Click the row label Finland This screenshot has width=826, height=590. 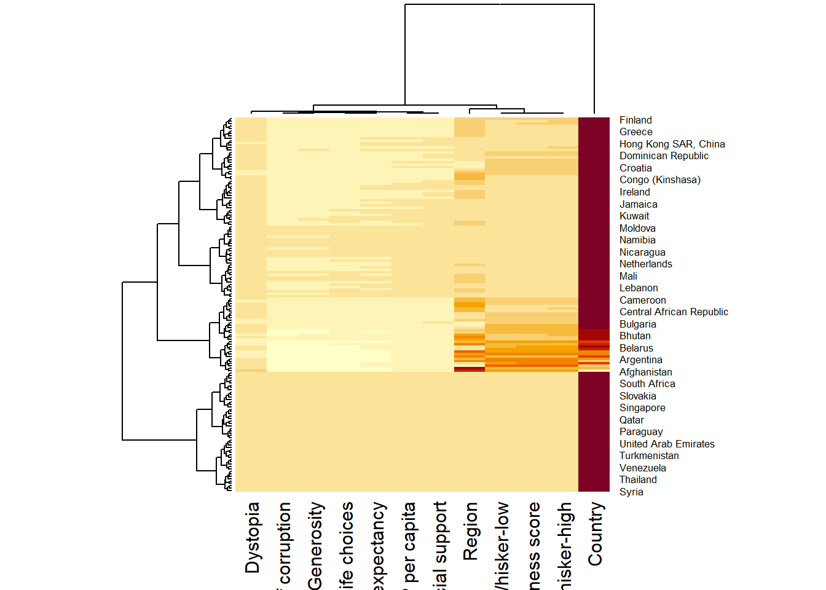pyautogui.click(x=635, y=120)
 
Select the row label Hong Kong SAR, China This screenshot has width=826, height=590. pyautogui.click(x=672, y=144)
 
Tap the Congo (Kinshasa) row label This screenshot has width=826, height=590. pyautogui.click(x=659, y=180)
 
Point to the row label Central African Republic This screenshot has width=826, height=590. pyautogui.click(x=674, y=312)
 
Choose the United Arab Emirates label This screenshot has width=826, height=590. pyautogui.click(x=667, y=444)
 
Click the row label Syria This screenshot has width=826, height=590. pyautogui.click(x=631, y=492)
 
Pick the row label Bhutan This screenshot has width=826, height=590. pyautogui.click(x=635, y=336)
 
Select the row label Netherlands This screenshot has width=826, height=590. pyautogui.click(x=645, y=264)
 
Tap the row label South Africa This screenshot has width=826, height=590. pyautogui.click(x=647, y=384)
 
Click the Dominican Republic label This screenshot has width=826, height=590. pyautogui.click(x=664, y=156)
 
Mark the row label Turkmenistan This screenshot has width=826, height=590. pyautogui.click(x=649, y=456)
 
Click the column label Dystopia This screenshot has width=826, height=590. pyautogui.click(x=253, y=538)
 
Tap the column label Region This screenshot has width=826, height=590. pyautogui.click(x=470, y=532)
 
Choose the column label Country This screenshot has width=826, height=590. pyautogui.click(x=595, y=534)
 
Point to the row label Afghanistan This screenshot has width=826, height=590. pyautogui.click(x=645, y=372)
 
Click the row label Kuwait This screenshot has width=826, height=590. pyautogui.click(x=634, y=216)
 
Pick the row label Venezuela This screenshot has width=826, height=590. pyautogui.click(x=642, y=468)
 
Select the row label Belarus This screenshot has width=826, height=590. pyautogui.click(x=636, y=348)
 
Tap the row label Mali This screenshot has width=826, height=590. pyautogui.click(x=628, y=277)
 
